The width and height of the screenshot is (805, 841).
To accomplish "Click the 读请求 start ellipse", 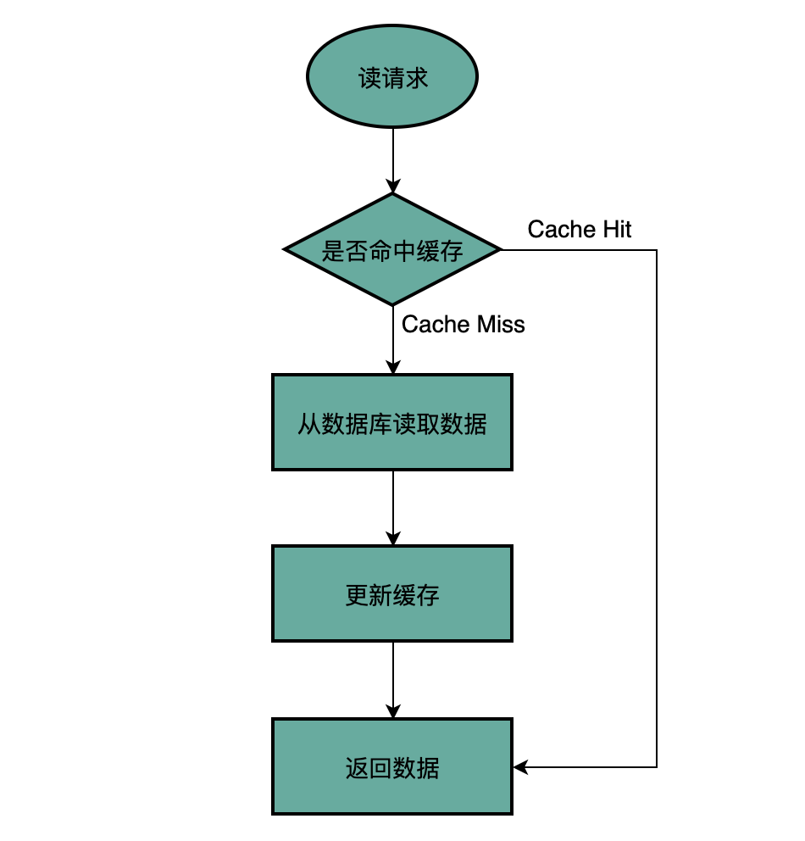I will (x=392, y=80).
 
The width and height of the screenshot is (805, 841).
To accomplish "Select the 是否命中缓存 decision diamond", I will (x=392, y=251).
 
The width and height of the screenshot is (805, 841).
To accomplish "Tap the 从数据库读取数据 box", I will (x=392, y=422).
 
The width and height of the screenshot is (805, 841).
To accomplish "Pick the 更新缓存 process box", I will (x=392, y=593).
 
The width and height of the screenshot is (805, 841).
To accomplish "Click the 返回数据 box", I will (x=392, y=767).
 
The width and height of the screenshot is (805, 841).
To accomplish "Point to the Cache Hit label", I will (x=580, y=229).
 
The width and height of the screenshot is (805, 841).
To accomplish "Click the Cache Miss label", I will (x=463, y=325).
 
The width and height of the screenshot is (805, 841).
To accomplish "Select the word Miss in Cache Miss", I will (x=502, y=325).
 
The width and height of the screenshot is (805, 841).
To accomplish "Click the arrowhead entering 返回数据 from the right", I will (x=520, y=767).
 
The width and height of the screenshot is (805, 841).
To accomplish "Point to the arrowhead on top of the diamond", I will (x=393, y=187).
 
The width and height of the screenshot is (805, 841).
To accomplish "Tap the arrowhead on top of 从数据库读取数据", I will (x=393, y=367).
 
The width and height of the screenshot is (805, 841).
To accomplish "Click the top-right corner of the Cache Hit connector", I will (x=657, y=251).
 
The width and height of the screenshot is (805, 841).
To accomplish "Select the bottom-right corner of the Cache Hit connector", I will (x=657, y=767).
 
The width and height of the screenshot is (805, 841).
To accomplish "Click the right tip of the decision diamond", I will (x=501, y=251).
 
